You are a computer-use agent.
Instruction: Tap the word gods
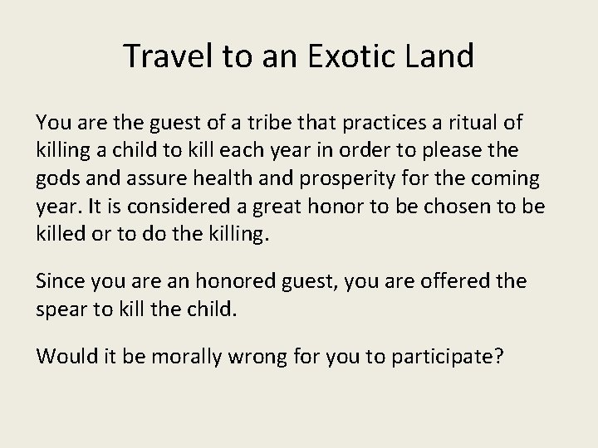click(57, 178)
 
